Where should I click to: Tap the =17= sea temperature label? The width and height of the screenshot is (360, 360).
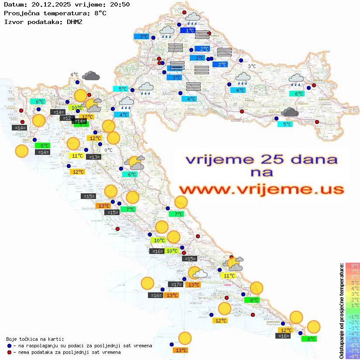[x=176, y=285]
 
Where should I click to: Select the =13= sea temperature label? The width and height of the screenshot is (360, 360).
[x=93, y=157]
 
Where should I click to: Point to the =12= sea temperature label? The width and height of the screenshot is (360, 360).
[x=68, y=118]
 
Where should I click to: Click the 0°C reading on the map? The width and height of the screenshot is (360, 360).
[x=108, y=150]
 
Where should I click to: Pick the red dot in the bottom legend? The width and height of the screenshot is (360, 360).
[x=9, y=352]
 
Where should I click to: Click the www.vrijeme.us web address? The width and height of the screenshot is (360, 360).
[x=261, y=189]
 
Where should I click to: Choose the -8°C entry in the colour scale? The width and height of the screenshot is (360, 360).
[x=353, y=357]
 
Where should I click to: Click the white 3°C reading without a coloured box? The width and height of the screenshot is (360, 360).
[x=252, y=66]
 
